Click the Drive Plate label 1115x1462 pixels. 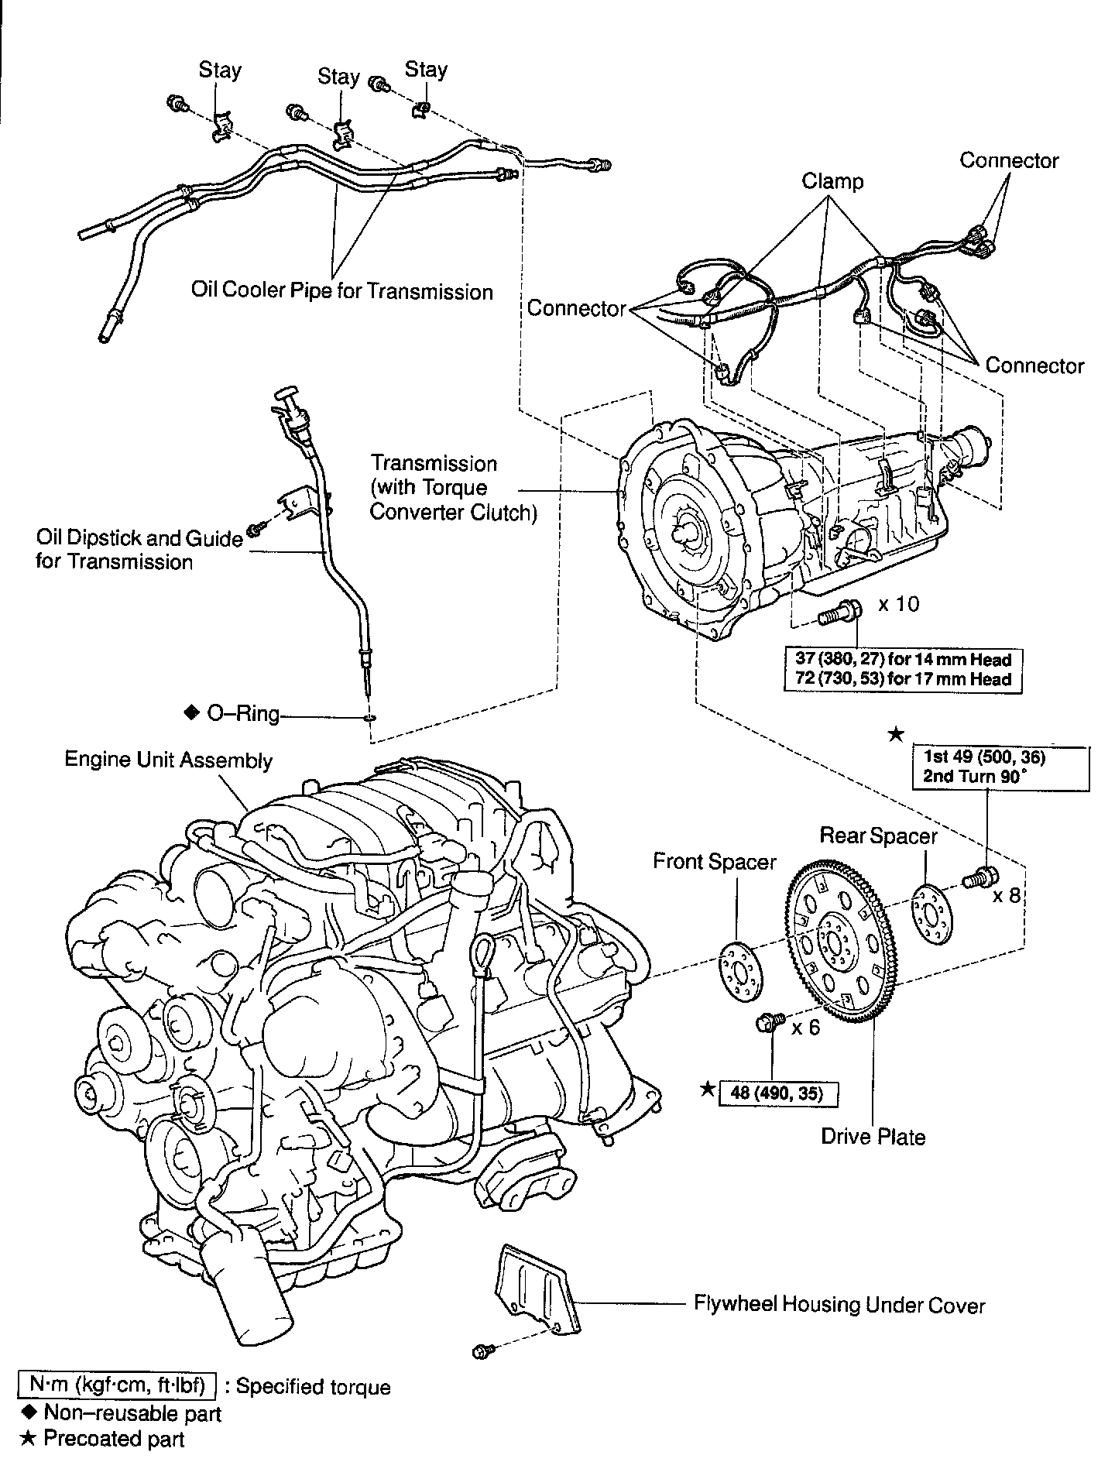(873, 1137)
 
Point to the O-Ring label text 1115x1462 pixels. (242, 713)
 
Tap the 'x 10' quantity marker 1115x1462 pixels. (898, 604)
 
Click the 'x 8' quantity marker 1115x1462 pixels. (1007, 896)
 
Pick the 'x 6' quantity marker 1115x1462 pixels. (805, 1028)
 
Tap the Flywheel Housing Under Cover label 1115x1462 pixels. (839, 1306)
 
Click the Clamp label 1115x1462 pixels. (832, 181)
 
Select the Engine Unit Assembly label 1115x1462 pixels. (168, 760)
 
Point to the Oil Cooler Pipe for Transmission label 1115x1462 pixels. (341, 291)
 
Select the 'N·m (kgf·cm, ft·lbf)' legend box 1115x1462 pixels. (117, 1386)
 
